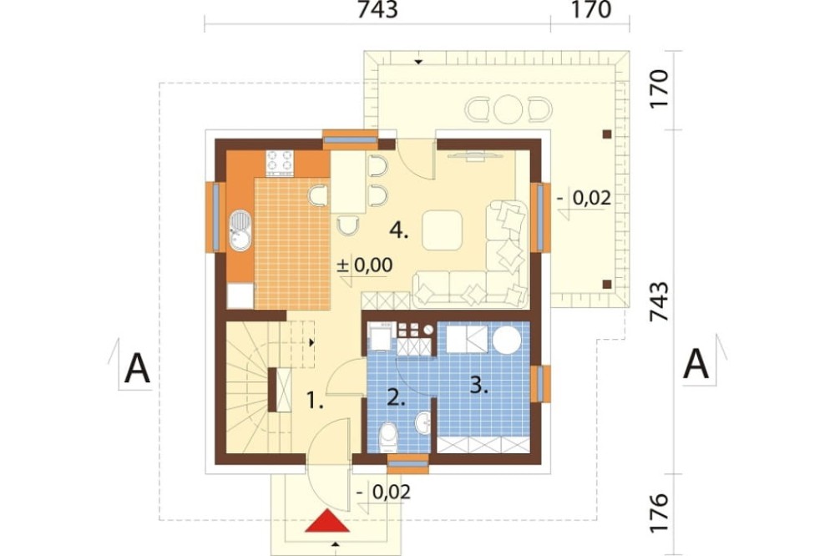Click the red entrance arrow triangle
327,522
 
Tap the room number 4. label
399,230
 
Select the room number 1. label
316,400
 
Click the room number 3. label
479,385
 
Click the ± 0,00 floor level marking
365,265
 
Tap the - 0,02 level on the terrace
584,198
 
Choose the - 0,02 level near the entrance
383,492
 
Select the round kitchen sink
240,230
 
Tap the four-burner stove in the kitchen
280,163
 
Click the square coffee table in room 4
442,230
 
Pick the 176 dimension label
660,513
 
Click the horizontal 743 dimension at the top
377,10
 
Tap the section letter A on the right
696,364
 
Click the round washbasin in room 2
424,423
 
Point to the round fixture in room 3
507,339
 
